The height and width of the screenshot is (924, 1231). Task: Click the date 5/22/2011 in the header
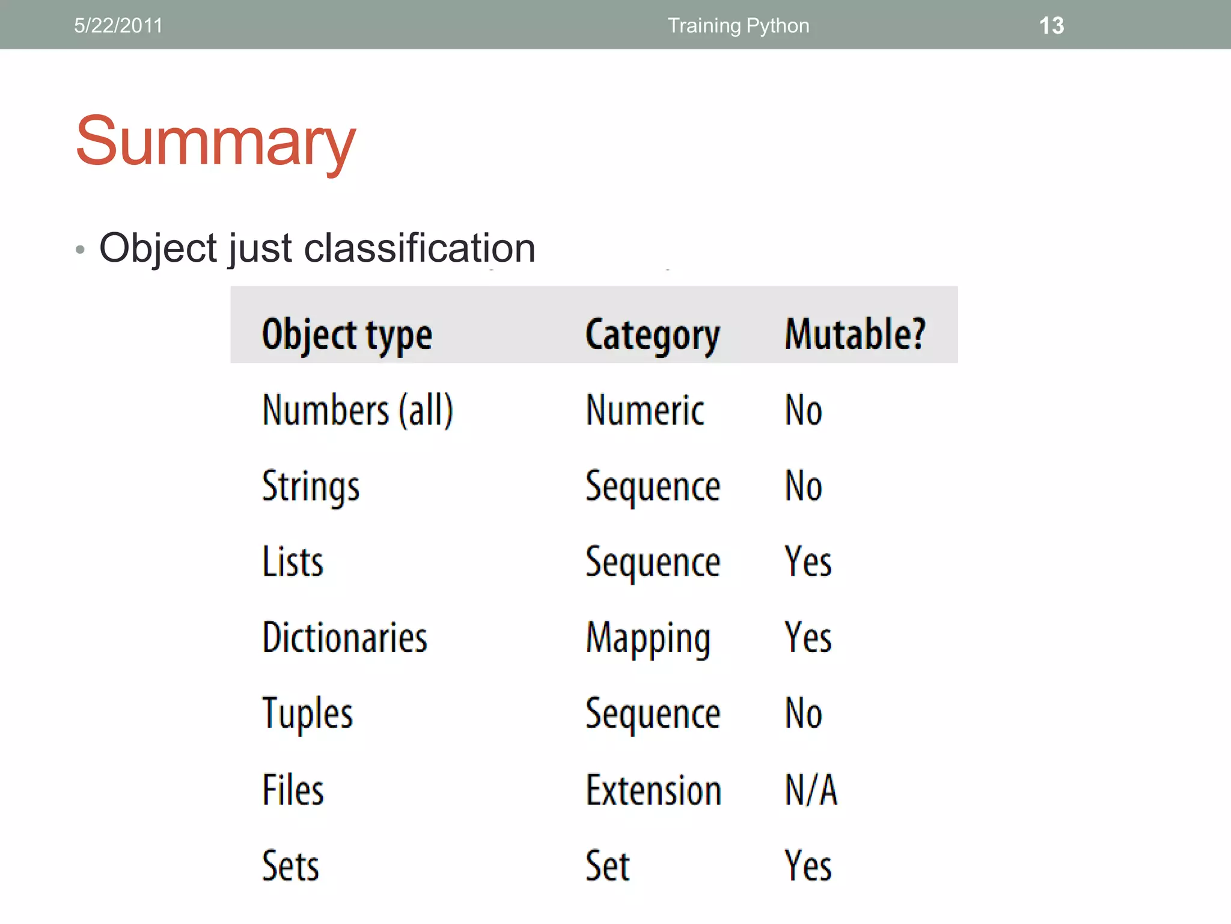point(118,26)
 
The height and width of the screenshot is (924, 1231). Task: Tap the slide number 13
point(1051,26)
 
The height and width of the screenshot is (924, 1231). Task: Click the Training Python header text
point(738,26)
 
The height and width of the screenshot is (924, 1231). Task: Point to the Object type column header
point(347,334)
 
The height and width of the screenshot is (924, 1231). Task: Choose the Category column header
point(653,334)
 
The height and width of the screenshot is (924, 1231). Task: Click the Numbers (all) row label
point(358,410)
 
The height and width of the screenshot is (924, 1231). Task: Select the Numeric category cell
point(645,410)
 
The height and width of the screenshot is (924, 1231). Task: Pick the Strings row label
point(311,486)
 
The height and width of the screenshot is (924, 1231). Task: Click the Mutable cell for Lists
point(808,562)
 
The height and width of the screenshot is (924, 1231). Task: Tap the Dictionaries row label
point(344,638)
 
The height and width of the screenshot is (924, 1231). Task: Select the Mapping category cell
point(648,638)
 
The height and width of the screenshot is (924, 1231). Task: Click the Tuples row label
point(307,713)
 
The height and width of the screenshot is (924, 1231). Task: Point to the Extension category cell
point(653,790)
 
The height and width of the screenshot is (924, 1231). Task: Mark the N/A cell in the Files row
point(811,790)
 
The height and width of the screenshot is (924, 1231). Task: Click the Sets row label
point(290,866)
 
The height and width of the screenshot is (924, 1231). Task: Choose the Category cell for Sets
point(608,866)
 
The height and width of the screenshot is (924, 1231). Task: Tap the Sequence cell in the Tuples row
point(653,713)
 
